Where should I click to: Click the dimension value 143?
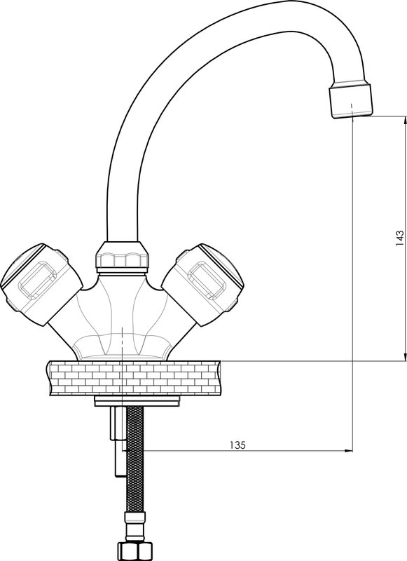(399, 238)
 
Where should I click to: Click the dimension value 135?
(237, 445)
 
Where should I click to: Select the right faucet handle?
(204, 284)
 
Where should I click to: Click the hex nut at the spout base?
(122, 255)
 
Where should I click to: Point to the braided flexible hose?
(135, 460)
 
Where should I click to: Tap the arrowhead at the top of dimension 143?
(405, 120)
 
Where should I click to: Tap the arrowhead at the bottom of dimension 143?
(405, 357)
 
